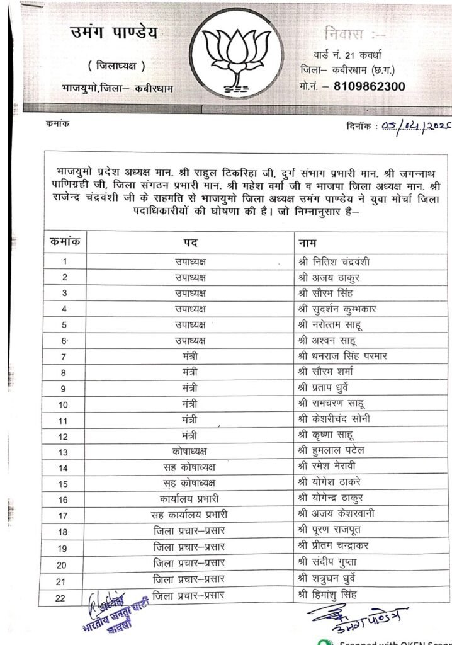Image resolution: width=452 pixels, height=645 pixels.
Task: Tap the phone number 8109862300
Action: [x=369, y=86]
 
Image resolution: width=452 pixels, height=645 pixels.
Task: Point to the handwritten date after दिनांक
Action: [x=413, y=125]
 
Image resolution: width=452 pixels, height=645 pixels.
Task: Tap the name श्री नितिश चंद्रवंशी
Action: [x=333, y=261]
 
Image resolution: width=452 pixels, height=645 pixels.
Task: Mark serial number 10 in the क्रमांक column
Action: [x=64, y=404]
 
